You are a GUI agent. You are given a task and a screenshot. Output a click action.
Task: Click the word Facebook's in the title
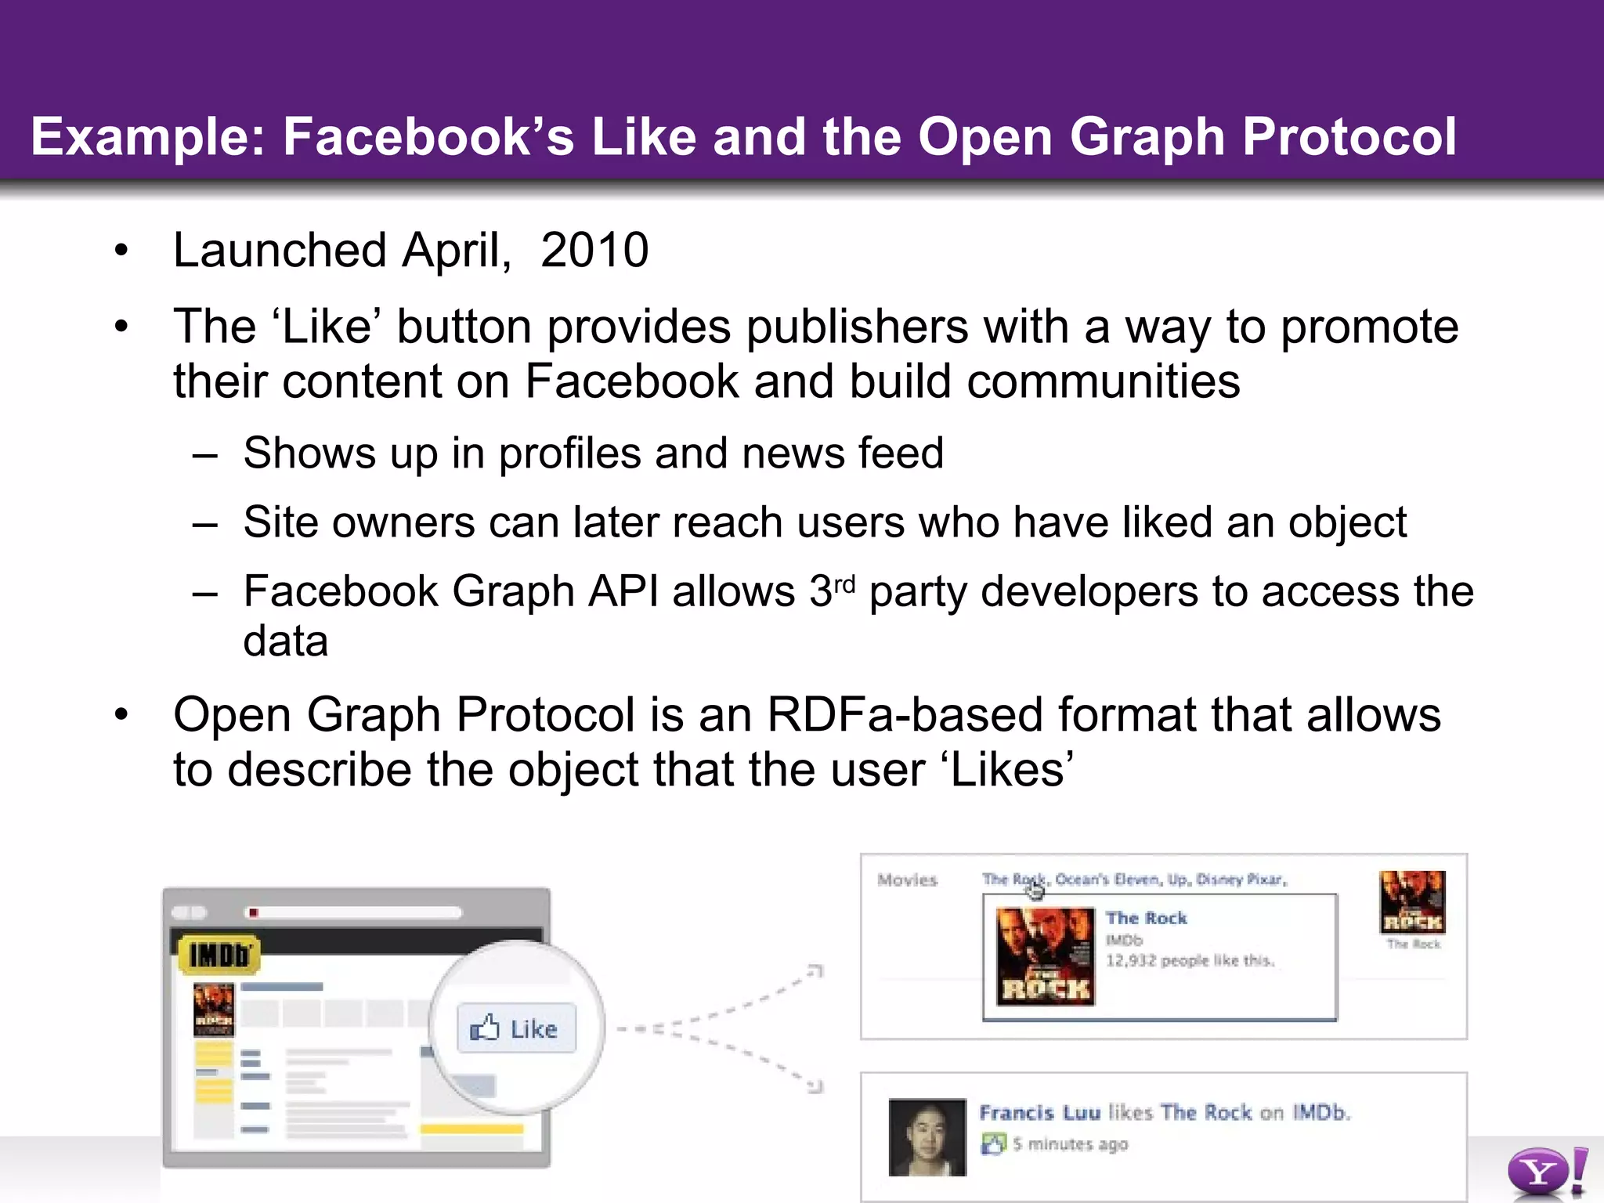tap(428, 137)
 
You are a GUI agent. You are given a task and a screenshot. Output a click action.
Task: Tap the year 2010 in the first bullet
tap(594, 251)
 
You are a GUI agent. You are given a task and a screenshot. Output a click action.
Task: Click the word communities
tap(1103, 382)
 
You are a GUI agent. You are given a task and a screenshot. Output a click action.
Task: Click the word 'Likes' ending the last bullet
tap(1010, 770)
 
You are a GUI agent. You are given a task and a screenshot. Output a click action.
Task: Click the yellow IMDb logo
tap(219, 955)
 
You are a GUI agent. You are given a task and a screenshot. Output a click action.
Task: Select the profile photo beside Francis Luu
tap(927, 1137)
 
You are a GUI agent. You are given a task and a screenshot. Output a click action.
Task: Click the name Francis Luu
tap(1039, 1113)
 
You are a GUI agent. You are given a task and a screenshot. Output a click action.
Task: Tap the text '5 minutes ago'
tap(1070, 1144)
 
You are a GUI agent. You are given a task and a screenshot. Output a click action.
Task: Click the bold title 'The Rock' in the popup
tap(1146, 918)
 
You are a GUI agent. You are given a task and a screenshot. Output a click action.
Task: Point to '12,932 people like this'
tap(1190, 961)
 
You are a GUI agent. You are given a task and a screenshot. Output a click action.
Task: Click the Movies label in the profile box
tap(907, 880)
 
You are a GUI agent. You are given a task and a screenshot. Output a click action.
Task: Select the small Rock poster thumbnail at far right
tap(1412, 901)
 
